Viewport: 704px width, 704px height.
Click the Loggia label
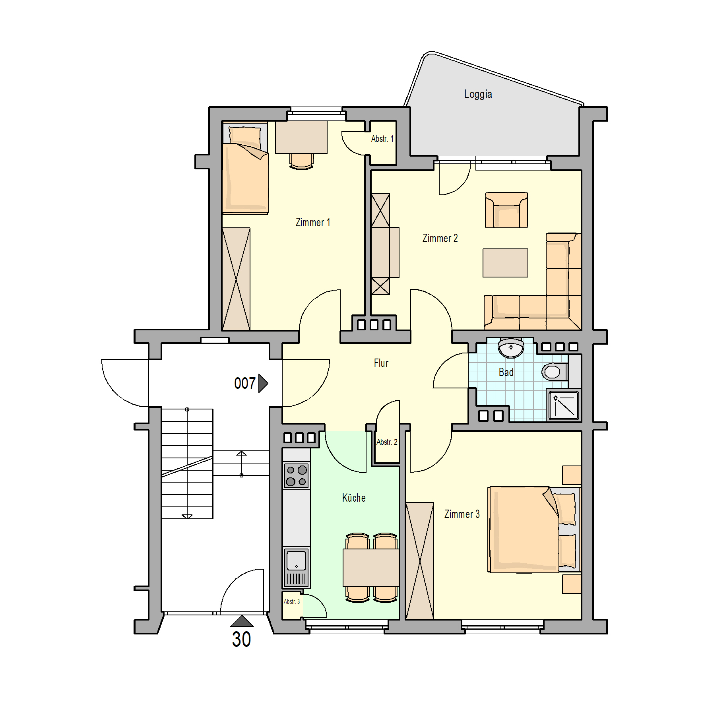click(x=478, y=94)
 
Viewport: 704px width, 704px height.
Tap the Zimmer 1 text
click(x=313, y=223)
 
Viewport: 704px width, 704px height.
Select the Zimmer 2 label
click(x=440, y=239)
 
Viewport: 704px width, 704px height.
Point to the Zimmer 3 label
click(x=462, y=514)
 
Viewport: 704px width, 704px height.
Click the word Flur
click(x=381, y=363)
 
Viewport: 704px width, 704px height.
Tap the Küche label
click(x=354, y=498)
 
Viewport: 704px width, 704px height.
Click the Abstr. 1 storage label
click(x=382, y=139)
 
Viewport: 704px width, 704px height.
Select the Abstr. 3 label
click(x=292, y=601)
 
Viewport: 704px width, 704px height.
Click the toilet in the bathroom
click(x=555, y=372)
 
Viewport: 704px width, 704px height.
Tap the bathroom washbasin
click(x=511, y=348)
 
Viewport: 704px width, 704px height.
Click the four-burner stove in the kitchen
click(x=297, y=475)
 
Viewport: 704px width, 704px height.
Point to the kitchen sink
click(x=297, y=568)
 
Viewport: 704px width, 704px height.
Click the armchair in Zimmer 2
click(x=506, y=210)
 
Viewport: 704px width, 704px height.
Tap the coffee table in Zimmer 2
click(x=505, y=263)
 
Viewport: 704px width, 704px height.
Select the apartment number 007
click(x=245, y=384)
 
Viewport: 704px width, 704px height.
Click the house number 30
click(x=241, y=640)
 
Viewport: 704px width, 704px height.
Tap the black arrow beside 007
click(x=263, y=383)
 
